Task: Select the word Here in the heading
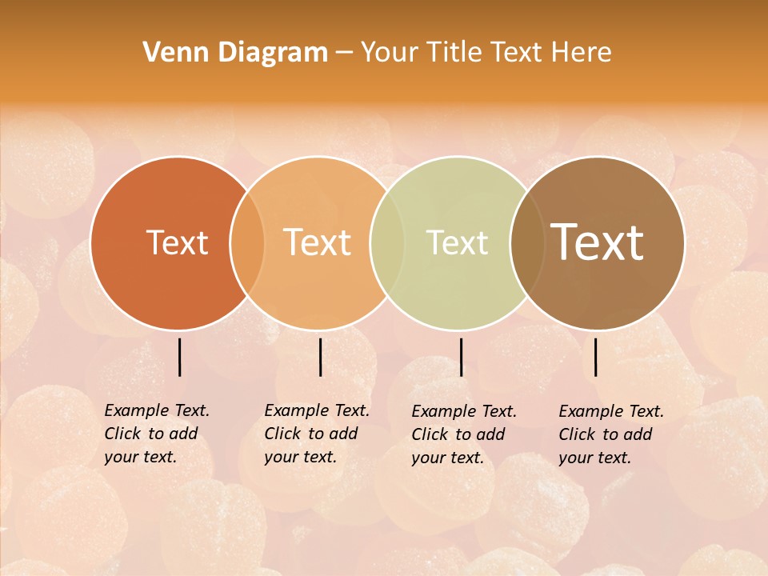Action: [582, 53]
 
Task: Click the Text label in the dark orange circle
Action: [177, 242]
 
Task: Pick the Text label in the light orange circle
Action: [317, 242]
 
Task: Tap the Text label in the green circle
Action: [457, 242]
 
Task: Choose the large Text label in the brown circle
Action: [597, 242]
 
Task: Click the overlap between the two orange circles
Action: [247, 243]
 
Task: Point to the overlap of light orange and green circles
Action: [387, 243]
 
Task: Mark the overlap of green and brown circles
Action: [527, 243]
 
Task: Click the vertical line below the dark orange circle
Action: [179, 357]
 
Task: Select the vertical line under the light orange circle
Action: [320, 357]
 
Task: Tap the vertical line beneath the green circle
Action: [461, 357]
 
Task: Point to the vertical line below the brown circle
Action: [596, 357]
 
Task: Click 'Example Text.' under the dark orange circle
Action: [157, 410]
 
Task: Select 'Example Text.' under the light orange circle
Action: [317, 410]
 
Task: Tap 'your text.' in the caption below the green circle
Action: [447, 458]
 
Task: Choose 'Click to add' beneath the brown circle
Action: [605, 434]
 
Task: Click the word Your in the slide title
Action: [390, 53]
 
